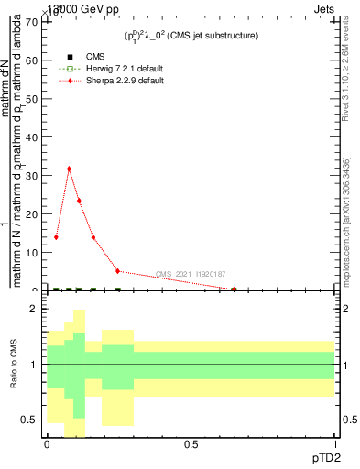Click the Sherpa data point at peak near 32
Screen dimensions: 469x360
click(69, 169)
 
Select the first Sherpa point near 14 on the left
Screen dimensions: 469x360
click(56, 236)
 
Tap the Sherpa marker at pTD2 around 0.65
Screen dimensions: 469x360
click(234, 289)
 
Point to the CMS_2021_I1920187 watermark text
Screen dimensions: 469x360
click(190, 274)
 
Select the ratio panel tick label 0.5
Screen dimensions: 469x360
click(32, 420)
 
